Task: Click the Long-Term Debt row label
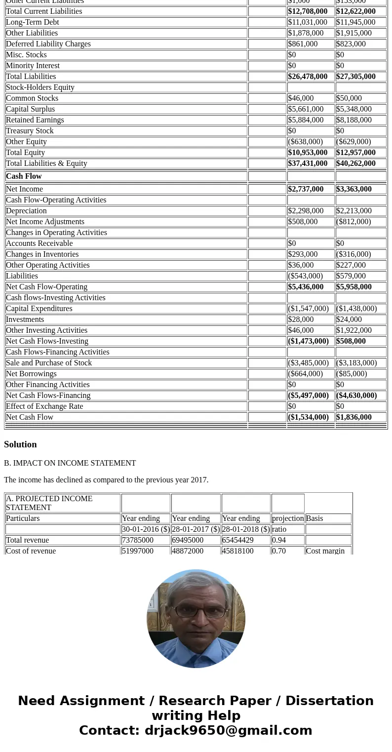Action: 33,22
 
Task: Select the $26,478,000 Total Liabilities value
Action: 308,77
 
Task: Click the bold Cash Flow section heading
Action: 24,176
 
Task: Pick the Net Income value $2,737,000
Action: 306,189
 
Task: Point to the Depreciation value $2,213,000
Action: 353,211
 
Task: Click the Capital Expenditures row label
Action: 39,309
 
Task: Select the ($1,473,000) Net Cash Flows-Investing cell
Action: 308,341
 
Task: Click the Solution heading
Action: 20,444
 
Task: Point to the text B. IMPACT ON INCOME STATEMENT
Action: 70,463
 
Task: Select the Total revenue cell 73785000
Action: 138,540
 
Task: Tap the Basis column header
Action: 314,518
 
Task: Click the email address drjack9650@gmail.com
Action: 228,730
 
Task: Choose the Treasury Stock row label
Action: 30,131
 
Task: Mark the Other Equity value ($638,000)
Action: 305,142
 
